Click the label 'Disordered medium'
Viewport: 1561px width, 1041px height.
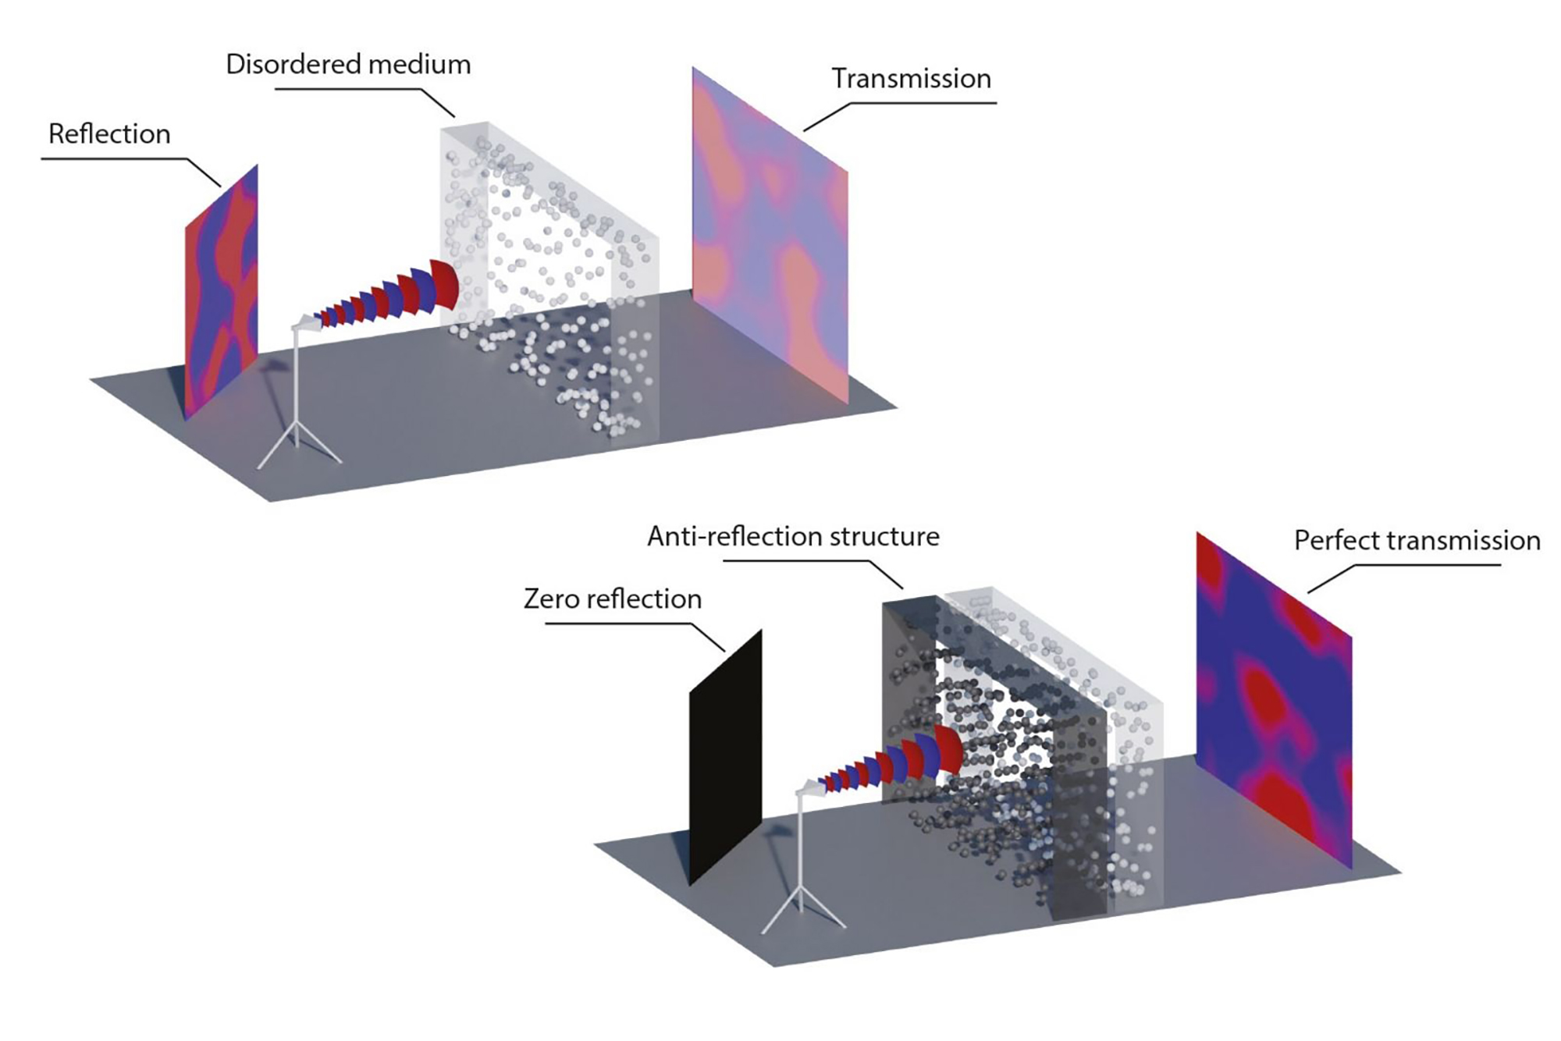(x=348, y=64)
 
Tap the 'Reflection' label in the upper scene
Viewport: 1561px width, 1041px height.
(x=109, y=134)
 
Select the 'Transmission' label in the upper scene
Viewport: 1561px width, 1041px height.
(x=911, y=79)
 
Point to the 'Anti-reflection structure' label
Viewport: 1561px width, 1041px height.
(x=793, y=537)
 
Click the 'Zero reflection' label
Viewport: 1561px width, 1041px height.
(x=613, y=599)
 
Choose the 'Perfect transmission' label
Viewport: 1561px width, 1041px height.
(x=1417, y=541)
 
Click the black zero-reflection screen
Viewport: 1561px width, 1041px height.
(x=725, y=757)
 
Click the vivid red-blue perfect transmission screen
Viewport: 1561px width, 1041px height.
(x=1274, y=702)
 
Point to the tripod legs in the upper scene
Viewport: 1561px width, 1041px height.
(x=298, y=445)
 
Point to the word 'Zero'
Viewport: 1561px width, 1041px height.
(x=553, y=599)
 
